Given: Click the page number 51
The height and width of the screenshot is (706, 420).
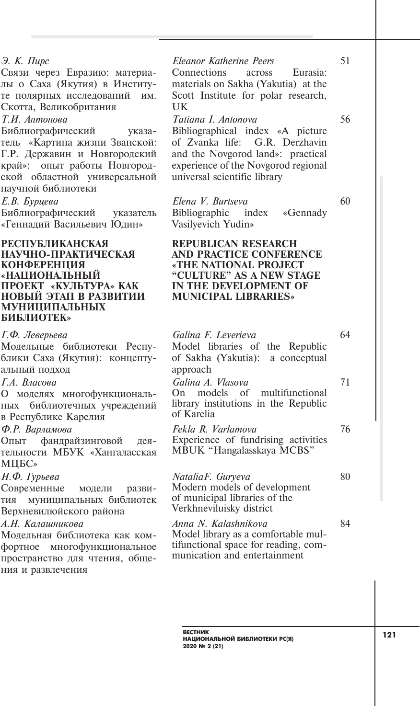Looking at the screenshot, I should (x=345, y=61).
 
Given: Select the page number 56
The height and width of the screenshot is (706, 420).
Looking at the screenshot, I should (x=345, y=119).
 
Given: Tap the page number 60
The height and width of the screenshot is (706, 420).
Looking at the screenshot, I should (x=345, y=201).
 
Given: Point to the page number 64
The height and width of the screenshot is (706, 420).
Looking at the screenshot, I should (x=345, y=335).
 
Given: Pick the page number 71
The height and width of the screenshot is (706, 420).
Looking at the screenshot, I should (x=345, y=382).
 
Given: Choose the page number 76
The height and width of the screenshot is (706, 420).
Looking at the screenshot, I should (x=345, y=429).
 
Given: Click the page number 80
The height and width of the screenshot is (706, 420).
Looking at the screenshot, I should (x=345, y=477).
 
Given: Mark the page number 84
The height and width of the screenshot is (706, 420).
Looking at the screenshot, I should (x=345, y=524).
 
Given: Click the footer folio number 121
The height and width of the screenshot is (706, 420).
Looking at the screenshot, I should (x=389, y=635).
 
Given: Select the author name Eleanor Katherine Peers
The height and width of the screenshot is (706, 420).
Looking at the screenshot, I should (x=223, y=61).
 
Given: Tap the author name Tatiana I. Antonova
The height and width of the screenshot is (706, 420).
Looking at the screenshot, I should (x=214, y=120).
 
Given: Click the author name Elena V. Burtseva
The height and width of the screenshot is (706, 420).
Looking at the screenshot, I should (x=210, y=202).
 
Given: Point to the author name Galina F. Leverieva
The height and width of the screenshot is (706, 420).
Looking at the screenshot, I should (x=214, y=335).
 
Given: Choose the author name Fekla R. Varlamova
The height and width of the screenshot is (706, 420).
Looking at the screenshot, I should (x=214, y=430).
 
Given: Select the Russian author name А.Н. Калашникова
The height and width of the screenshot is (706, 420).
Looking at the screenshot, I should (x=42, y=524).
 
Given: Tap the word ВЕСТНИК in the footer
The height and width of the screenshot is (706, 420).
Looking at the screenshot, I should (x=193, y=633).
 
